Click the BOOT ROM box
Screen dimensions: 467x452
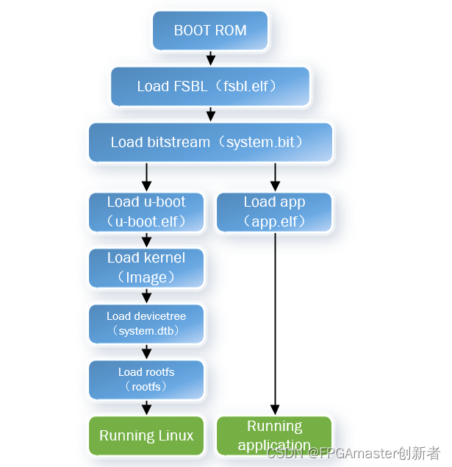point(210,31)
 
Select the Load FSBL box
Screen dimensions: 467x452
point(210,87)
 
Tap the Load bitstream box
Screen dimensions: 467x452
point(210,143)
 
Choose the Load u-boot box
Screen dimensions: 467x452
point(146,212)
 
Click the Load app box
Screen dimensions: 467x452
point(274,212)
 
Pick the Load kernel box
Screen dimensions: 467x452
point(146,268)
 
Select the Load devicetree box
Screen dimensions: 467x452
point(146,324)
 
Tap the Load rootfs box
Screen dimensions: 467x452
point(146,379)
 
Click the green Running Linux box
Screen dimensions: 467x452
point(146,435)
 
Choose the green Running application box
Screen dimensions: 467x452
point(274,435)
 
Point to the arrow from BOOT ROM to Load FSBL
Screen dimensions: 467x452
point(210,58)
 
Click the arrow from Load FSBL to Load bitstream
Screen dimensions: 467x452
point(210,114)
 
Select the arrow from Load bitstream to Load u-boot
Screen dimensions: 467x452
point(146,177)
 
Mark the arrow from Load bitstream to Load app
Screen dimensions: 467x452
point(274,177)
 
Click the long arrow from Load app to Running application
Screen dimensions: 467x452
point(274,324)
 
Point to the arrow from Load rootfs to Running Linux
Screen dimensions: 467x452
point(146,407)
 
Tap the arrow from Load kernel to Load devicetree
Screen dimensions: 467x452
point(146,296)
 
